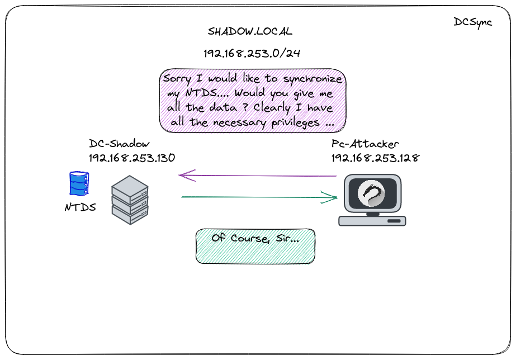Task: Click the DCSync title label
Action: [x=472, y=23]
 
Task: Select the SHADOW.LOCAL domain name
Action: [x=250, y=31]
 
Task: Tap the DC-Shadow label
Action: [x=120, y=144]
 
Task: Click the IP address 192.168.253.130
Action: [x=132, y=158]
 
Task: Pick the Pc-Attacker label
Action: [x=364, y=144]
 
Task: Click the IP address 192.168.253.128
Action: [x=375, y=158]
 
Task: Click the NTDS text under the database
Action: [x=80, y=207]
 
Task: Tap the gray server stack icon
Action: [x=130, y=200]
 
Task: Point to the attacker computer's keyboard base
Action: [x=372, y=220]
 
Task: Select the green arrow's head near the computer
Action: [x=334, y=197]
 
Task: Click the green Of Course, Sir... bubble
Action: [x=255, y=245]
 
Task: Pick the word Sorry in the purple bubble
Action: [x=177, y=79]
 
